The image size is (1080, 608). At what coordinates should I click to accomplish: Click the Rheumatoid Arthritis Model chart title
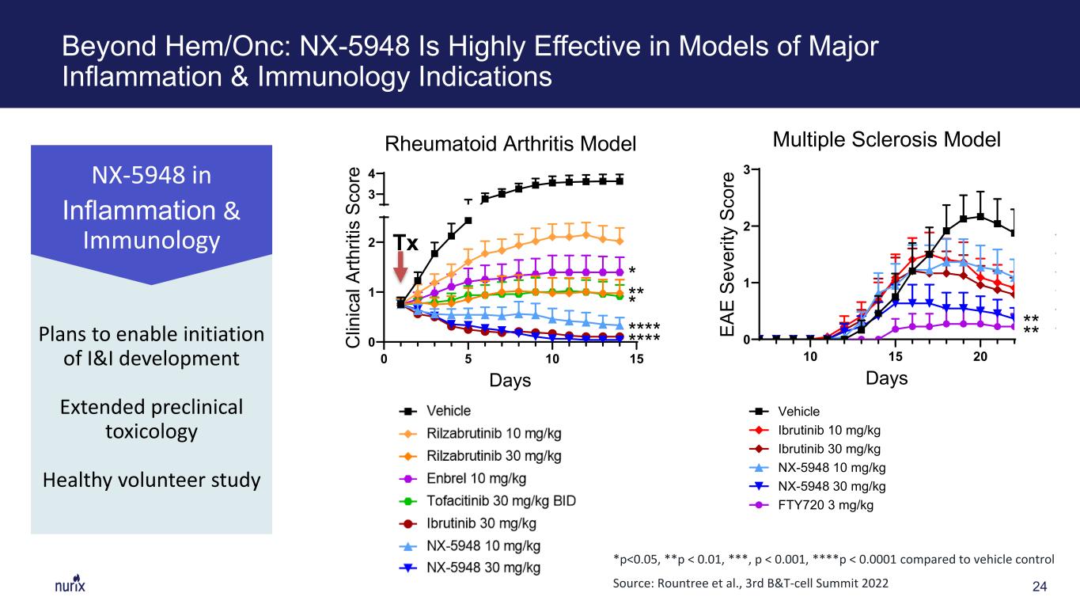coord(510,144)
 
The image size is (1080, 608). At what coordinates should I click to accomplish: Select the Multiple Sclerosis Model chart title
coord(887,139)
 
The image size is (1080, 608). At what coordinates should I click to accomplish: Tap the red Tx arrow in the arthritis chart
coord(400,266)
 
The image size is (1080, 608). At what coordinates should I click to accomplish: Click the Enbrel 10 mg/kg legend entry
coord(463,479)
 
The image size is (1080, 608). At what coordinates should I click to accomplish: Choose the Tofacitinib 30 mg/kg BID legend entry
coord(487,501)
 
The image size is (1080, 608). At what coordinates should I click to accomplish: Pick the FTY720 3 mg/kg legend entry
coord(812,505)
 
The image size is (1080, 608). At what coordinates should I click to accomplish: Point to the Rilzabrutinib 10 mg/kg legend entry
coord(480,433)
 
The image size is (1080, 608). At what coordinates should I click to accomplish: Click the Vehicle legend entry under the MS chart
coord(784,411)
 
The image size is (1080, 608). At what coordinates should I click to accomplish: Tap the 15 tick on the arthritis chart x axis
coord(636,359)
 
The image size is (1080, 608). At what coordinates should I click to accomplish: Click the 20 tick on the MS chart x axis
coord(980,356)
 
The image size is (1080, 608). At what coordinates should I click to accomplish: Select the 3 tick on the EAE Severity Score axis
coord(747,169)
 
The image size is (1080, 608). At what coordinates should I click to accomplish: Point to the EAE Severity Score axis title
coord(727,254)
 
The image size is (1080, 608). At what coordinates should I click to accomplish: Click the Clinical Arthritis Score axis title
coord(354,257)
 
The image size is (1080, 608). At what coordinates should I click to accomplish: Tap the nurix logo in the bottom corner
coord(70,584)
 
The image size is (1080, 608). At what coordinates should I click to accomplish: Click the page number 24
coord(1039,587)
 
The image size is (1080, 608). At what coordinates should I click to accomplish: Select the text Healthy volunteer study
coord(151,480)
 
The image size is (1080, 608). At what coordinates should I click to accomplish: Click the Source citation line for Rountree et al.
coord(750,583)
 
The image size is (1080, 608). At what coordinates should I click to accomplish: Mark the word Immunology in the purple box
coord(151,241)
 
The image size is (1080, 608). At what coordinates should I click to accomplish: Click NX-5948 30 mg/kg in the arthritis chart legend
coord(470,568)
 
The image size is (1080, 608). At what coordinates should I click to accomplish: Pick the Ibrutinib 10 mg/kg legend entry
coord(815,430)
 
